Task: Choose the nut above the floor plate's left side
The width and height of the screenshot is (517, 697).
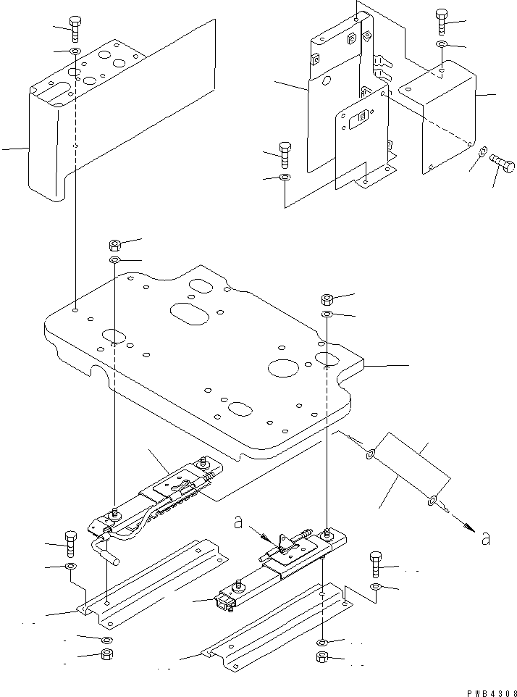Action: click(x=115, y=244)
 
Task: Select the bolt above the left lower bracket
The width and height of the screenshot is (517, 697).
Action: click(x=70, y=542)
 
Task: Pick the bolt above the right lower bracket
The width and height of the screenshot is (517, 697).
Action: click(x=376, y=563)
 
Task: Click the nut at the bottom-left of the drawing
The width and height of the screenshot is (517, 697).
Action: click(x=106, y=656)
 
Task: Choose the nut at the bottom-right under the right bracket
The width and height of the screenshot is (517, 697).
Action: click(x=322, y=659)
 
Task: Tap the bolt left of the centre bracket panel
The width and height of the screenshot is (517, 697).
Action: click(x=285, y=155)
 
